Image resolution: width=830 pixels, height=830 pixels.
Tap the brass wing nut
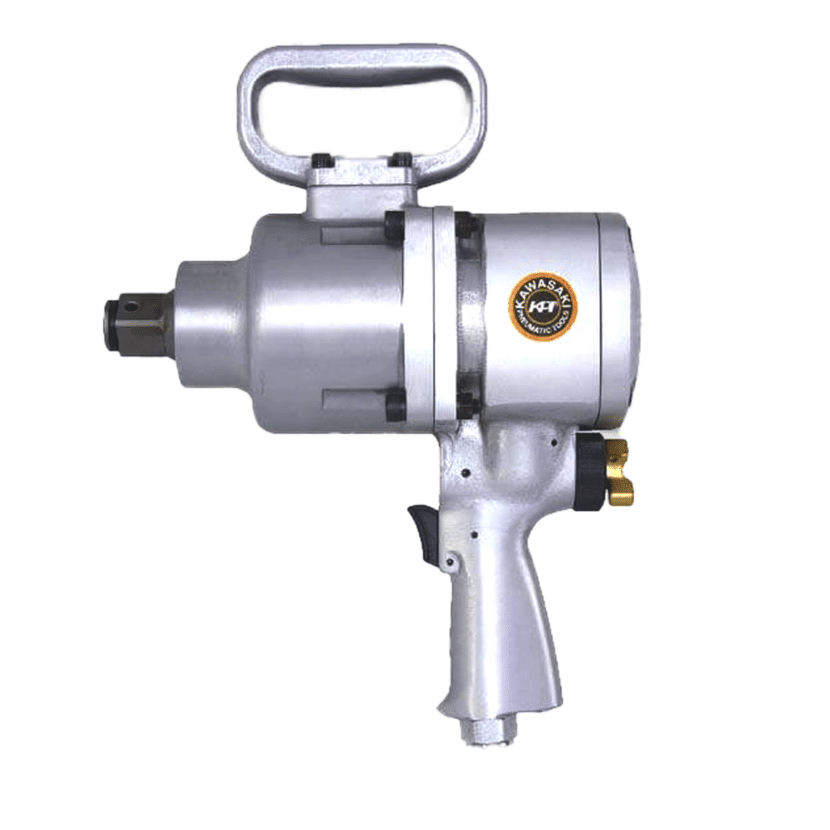(619, 473)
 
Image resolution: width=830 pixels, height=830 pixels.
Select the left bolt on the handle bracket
(321, 160)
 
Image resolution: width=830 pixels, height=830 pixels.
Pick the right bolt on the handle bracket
(402, 159)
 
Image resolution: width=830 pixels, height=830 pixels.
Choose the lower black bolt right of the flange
(466, 405)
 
